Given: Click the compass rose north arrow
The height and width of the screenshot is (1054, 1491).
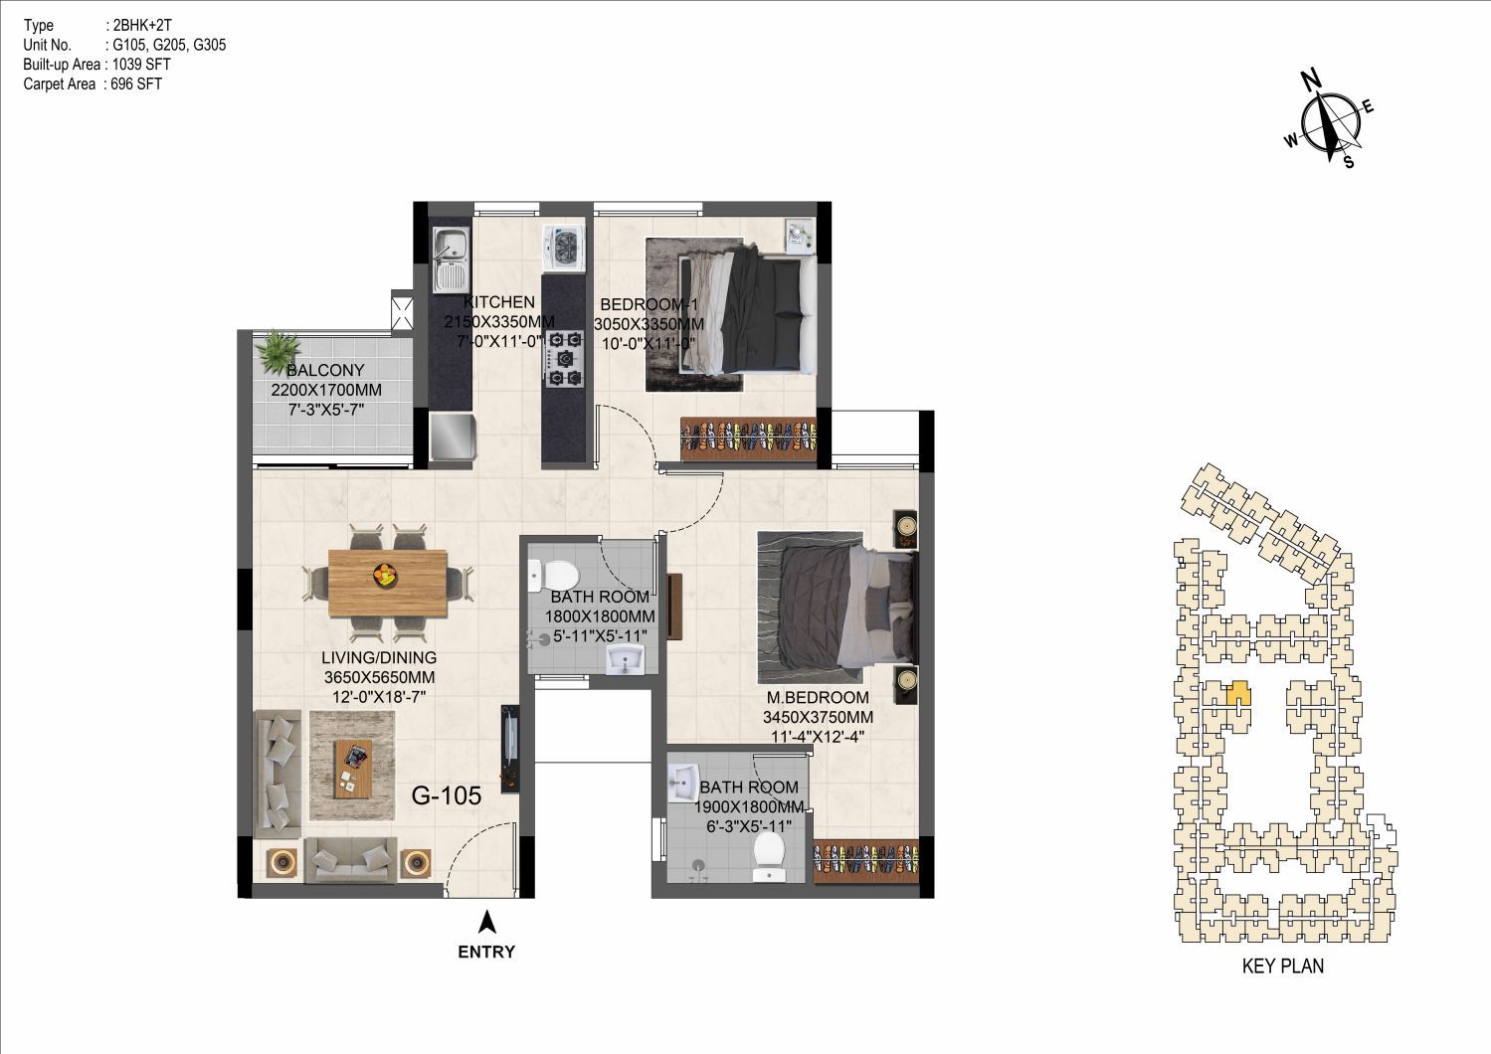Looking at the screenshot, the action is click(x=1326, y=126).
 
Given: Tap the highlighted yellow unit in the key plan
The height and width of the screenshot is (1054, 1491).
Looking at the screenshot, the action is click(x=1238, y=693).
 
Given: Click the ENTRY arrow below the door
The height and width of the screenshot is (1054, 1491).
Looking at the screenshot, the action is click(x=488, y=922).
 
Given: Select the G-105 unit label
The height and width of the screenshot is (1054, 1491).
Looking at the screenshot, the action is click(x=446, y=795).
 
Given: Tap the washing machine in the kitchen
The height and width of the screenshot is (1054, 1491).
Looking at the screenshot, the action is click(x=563, y=249).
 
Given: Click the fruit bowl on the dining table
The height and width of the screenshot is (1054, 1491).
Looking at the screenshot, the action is click(x=384, y=574).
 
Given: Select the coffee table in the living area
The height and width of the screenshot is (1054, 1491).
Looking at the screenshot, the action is click(x=351, y=768).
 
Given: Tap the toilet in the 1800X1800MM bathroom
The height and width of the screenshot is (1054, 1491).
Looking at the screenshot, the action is click(x=552, y=575).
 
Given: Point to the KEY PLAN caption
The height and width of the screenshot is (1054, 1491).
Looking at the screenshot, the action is click(x=1283, y=966).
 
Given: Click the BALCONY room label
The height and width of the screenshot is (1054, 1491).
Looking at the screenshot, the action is click(x=325, y=370).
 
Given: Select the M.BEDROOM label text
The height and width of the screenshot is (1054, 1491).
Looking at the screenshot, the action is click(x=818, y=697).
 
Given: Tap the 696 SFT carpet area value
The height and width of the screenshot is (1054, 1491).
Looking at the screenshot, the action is click(x=136, y=84).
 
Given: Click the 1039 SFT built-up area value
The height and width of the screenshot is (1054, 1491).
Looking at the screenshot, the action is click(x=141, y=65).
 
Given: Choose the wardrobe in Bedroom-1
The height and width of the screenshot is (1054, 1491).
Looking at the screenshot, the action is click(x=748, y=438).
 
